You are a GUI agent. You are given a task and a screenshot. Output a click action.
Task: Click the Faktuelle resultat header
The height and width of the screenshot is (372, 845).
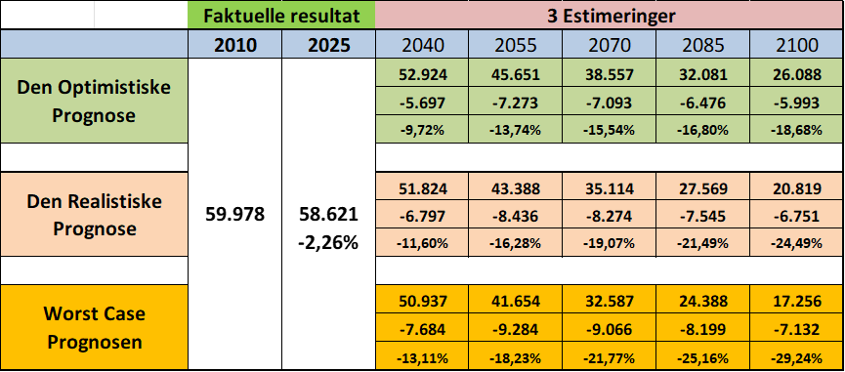tap(281, 15)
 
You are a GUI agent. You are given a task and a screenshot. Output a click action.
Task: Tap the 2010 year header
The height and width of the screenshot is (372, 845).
tap(235, 45)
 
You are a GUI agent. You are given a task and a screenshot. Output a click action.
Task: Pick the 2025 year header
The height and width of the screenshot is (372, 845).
tap(329, 45)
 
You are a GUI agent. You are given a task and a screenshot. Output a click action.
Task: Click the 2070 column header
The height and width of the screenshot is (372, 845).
tap(609, 45)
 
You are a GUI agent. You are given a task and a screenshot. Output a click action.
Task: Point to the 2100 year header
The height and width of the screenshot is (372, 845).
tap(796, 45)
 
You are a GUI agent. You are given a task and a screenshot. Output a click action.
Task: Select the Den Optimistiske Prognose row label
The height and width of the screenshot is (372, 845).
tap(94, 101)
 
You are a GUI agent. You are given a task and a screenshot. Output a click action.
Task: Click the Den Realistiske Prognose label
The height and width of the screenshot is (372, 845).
tap(94, 216)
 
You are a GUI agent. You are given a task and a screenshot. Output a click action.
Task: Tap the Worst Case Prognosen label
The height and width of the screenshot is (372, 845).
tap(94, 328)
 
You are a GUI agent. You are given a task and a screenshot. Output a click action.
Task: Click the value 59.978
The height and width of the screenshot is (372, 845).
tap(235, 215)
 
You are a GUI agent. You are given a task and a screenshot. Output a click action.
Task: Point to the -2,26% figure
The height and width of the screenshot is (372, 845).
tap(329, 243)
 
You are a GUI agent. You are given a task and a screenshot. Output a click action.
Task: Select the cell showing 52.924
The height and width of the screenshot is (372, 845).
tap(422, 74)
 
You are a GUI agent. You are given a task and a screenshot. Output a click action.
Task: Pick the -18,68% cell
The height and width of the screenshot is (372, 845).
tap(796, 130)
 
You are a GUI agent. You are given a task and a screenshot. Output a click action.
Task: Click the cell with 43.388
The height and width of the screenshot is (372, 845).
tap(515, 188)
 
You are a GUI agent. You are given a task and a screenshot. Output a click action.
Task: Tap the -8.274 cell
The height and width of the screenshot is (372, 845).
tap(609, 216)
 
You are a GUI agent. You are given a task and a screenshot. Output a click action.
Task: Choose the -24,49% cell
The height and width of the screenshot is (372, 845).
tap(796, 243)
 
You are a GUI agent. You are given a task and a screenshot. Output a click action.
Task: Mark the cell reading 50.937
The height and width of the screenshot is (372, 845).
tap(422, 302)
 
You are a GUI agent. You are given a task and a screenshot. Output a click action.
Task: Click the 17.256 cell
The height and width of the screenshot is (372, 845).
tap(796, 302)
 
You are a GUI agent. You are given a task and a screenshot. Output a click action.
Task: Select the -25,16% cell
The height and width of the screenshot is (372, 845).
tap(702, 357)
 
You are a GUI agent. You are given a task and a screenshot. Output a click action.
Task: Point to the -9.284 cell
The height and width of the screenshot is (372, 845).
tap(515, 329)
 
